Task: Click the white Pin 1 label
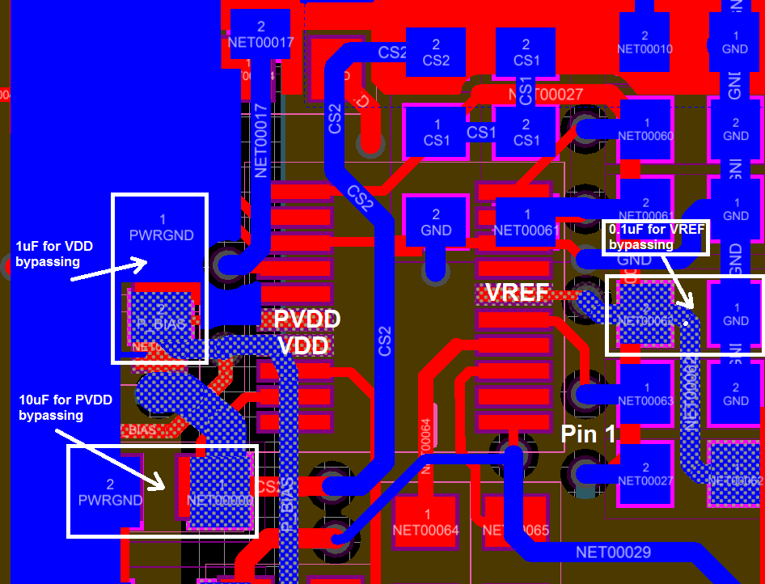[589, 434]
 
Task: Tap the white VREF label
[518, 293]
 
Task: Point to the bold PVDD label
[306, 320]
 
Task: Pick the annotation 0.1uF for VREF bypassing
[656, 236]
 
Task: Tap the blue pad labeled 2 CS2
[436, 52]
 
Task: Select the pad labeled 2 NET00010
[645, 42]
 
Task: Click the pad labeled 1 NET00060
[645, 129]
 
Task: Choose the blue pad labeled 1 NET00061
[527, 222]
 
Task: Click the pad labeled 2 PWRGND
[110, 492]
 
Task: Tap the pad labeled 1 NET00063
[645, 393]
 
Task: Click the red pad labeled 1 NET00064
[426, 523]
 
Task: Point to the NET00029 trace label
[614, 552]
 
